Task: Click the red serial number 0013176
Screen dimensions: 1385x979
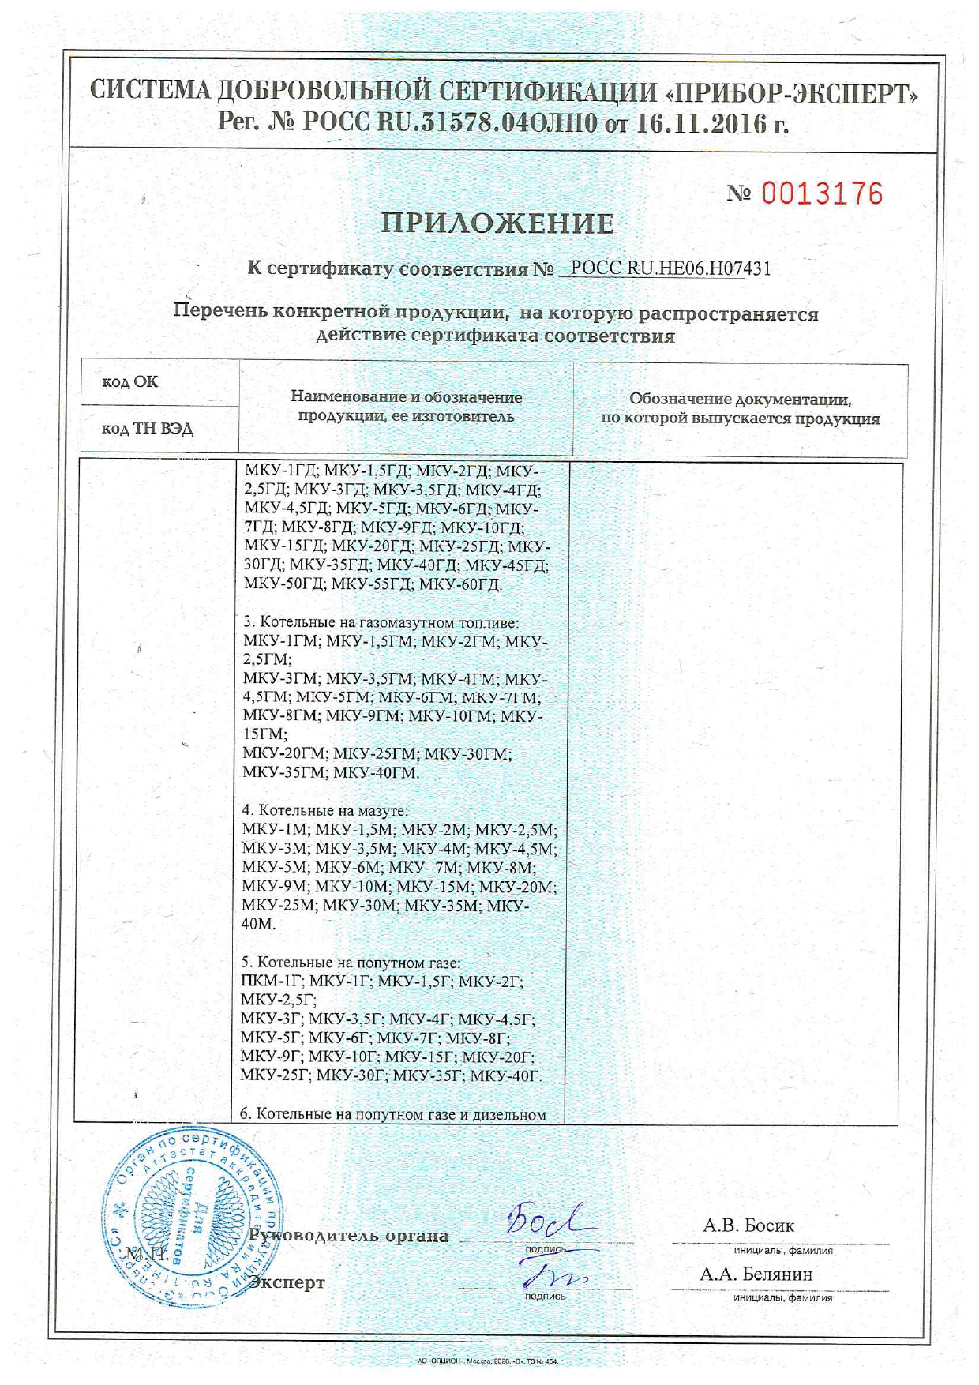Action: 822,193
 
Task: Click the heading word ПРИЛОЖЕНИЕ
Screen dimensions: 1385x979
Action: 497,224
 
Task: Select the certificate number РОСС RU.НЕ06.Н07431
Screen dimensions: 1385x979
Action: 670,268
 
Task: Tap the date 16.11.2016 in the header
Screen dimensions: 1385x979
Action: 702,124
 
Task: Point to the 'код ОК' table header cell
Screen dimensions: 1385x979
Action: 130,382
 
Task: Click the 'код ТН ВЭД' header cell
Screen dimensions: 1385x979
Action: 147,429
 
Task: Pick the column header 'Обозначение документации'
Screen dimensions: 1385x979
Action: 740,409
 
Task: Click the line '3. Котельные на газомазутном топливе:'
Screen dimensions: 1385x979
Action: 381,623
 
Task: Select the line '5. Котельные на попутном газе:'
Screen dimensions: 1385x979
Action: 351,963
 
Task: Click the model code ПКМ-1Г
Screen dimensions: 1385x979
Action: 272,982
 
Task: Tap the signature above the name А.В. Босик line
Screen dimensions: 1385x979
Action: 549,1222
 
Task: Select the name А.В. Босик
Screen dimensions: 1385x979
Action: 748,1225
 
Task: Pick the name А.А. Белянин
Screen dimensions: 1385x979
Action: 756,1274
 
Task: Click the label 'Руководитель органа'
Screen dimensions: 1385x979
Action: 349,1236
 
